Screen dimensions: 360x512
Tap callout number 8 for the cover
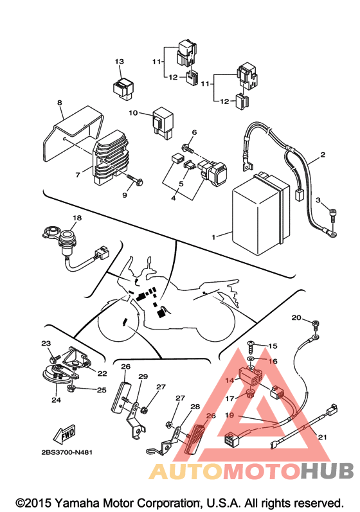point(59,103)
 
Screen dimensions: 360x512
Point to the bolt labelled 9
point(134,181)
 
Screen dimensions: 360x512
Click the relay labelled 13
point(123,88)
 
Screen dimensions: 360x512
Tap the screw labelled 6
point(188,148)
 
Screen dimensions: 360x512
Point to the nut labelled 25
point(71,389)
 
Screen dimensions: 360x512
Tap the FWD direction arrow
point(64,434)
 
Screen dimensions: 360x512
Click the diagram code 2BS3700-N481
point(67,452)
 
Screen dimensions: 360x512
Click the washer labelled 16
point(251,360)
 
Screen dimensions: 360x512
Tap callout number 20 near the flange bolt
point(296,317)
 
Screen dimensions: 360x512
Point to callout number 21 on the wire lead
point(322,437)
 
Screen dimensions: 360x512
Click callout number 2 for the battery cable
point(323,154)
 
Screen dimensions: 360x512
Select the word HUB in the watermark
point(327,471)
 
